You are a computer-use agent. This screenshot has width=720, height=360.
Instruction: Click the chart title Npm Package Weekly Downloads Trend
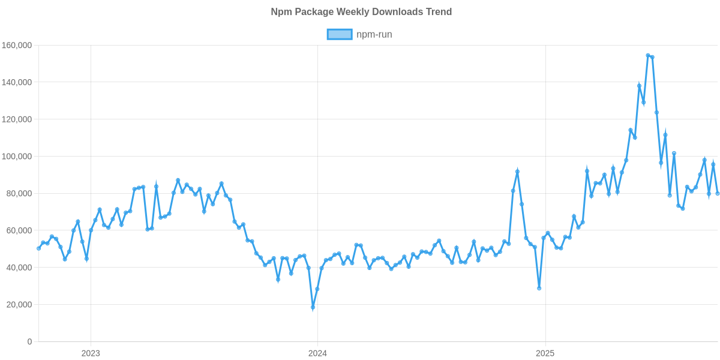(361, 12)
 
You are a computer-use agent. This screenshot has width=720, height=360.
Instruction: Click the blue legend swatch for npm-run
(339, 34)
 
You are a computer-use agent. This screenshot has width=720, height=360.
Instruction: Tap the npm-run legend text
(374, 34)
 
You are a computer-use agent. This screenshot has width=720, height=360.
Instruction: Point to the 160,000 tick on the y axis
(17, 46)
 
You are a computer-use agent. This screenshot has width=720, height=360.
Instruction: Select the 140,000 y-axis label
(17, 82)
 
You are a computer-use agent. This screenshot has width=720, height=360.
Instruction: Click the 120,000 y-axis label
(17, 119)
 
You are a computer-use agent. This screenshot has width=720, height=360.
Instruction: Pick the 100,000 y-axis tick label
(17, 157)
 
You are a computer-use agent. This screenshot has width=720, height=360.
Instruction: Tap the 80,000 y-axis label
(19, 194)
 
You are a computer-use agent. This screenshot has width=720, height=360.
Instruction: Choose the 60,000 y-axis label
(19, 230)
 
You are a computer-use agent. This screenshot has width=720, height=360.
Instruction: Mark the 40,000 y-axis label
(19, 268)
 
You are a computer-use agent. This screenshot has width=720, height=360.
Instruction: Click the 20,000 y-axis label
(19, 305)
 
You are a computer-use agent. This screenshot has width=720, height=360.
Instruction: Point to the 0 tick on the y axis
(29, 342)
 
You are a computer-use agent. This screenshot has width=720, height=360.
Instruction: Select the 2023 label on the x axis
(91, 353)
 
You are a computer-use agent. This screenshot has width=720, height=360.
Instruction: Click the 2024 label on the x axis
(317, 353)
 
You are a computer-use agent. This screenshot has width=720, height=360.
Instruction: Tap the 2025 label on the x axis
(544, 353)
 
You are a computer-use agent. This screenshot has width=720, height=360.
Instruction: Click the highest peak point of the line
(648, 55)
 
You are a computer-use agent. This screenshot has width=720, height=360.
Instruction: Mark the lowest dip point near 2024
(313, 308)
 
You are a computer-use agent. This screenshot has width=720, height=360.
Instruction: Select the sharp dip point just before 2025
(539, 288)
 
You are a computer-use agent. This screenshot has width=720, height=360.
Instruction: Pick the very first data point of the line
(38, 248)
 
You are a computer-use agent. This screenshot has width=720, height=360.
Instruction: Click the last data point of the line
(718, 193)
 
